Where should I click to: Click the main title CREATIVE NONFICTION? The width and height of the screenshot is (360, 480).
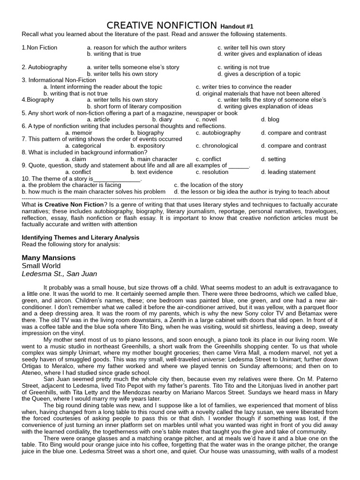point(162,25)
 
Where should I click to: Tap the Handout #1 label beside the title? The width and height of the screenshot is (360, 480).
point(237,27)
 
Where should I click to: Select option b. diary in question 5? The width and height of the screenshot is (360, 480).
point(162,120)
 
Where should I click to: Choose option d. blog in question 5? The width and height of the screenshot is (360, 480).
point(270,120)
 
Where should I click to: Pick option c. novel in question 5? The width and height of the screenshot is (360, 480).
point(206,120)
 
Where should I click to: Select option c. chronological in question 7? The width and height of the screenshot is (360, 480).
point(217,146)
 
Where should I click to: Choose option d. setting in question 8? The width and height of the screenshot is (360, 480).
point(273,159)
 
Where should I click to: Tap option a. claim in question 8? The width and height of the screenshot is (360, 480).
point(76,159)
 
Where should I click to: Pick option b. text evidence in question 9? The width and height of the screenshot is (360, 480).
point(151,172)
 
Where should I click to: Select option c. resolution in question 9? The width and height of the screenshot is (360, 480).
point(212,172)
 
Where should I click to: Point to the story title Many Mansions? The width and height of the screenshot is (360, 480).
point(49,258)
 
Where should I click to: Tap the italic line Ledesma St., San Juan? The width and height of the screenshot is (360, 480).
point(60,274)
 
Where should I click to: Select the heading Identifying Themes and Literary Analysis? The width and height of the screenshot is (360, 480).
point(81,238)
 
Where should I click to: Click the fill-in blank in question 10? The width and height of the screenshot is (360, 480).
point(117,179)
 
